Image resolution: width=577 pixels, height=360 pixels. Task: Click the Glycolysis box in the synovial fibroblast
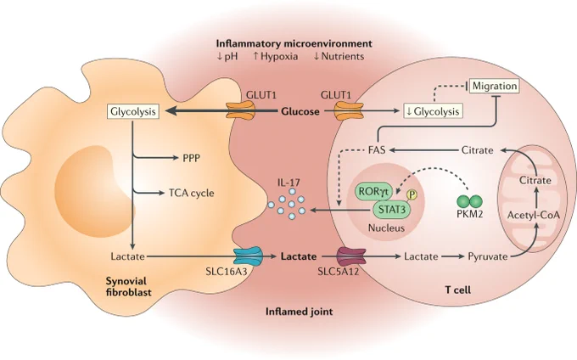[133, 111]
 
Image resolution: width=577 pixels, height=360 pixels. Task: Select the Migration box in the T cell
[495, 86]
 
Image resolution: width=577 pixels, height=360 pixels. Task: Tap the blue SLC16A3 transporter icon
[248, 256]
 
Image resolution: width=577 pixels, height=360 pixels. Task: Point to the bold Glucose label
[300, 111]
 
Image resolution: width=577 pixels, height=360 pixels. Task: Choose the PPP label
[192, 158]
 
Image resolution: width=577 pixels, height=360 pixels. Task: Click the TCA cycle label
[192, 193]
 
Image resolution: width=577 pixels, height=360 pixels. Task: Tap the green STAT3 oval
[392, 210]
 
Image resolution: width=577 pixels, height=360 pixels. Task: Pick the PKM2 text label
[469, 214]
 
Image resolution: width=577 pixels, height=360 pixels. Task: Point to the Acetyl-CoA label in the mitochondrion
[533, 215]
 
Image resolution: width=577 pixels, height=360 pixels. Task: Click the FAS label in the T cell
[377, 149]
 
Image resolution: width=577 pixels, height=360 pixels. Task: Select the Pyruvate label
[488, 256]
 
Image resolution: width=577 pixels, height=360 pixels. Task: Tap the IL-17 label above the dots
[288, 183]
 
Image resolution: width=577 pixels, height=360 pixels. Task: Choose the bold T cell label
[457, 290]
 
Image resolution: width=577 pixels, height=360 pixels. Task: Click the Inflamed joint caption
[300, 312]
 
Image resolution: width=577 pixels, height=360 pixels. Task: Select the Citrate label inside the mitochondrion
[535, 180]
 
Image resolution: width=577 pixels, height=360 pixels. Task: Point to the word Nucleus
[386, 228]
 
